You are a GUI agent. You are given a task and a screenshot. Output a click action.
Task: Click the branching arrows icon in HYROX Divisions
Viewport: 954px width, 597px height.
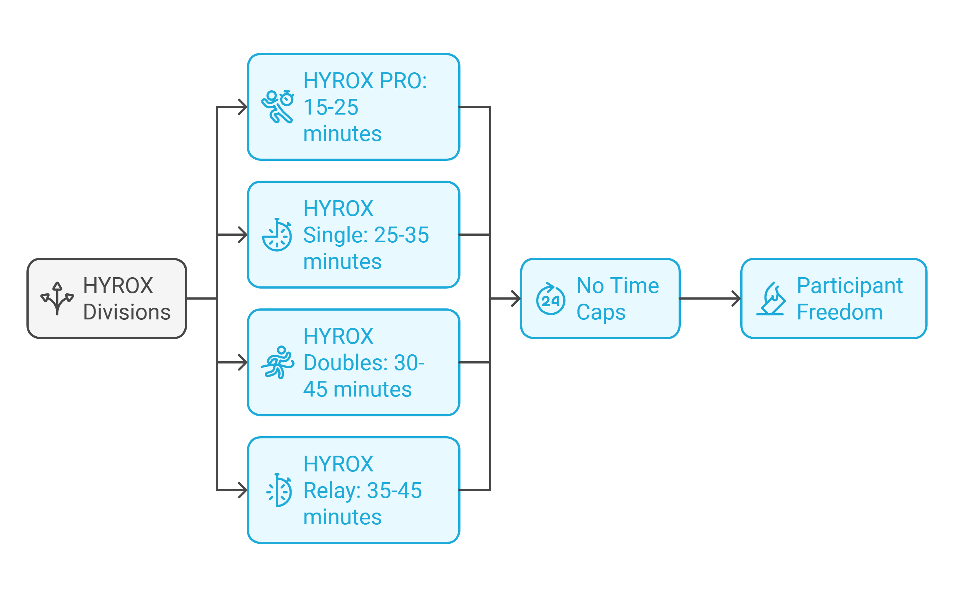tap(57, 298)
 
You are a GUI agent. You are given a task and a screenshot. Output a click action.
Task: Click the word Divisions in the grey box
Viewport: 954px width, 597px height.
tap(127, 312)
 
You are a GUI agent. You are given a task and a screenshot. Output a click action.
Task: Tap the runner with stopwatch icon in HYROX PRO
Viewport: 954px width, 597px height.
tap(278, 106)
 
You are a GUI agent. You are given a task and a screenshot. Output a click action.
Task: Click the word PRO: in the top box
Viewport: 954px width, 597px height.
tap(403, 80)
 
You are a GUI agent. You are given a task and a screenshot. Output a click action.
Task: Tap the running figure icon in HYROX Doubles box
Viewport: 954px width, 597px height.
tap(278, 362)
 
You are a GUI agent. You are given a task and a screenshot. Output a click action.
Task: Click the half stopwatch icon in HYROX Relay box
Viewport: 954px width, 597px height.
tap(279, 490)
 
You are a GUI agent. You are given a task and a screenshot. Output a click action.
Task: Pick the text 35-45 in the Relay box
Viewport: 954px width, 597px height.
tap(394, 491)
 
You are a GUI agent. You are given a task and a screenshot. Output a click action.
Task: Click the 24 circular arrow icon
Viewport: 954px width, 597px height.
tap(550, 298)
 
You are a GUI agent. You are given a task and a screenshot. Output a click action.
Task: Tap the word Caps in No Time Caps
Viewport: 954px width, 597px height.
tap(601, 312)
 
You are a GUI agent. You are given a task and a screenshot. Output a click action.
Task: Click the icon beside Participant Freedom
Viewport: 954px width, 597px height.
tap(770, 298)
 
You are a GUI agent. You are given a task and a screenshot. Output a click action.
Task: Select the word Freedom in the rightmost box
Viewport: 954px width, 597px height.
tap(839, 312)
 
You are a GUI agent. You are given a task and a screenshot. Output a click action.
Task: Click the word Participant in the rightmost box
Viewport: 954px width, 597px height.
tap(849, 286)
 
